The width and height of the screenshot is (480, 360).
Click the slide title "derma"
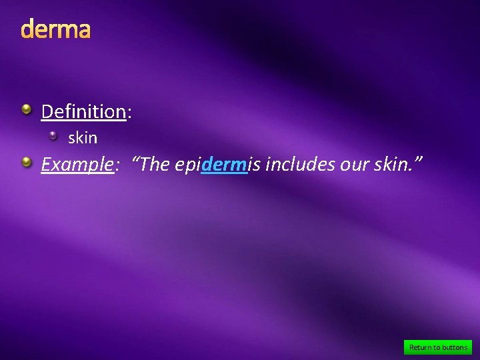pyautogui.click(x=55, y=30)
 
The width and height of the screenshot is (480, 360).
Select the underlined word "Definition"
pyautogui.click(x=83, y=111)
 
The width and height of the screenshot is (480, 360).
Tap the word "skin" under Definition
pyautogui.click(x=83, y=138)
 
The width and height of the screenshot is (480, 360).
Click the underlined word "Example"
pyautogui.click(x=77, y=164)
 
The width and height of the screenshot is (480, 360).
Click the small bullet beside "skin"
pyautogui.click(x=54, y=135)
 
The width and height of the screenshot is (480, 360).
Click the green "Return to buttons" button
pyautogui.click(x=438, y=347)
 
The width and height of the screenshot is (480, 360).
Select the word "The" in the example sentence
pyautogui.click(x=155, y=164)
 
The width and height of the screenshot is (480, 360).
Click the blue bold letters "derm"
pyautogui.click(x=224, y=164)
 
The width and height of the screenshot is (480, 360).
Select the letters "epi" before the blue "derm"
pyautogui.click(x=187, y=165)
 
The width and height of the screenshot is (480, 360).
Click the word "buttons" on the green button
pyautogui.click(x=455, y=347)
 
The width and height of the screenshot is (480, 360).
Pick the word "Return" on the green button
pyautogui.click(x=421, y=347)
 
